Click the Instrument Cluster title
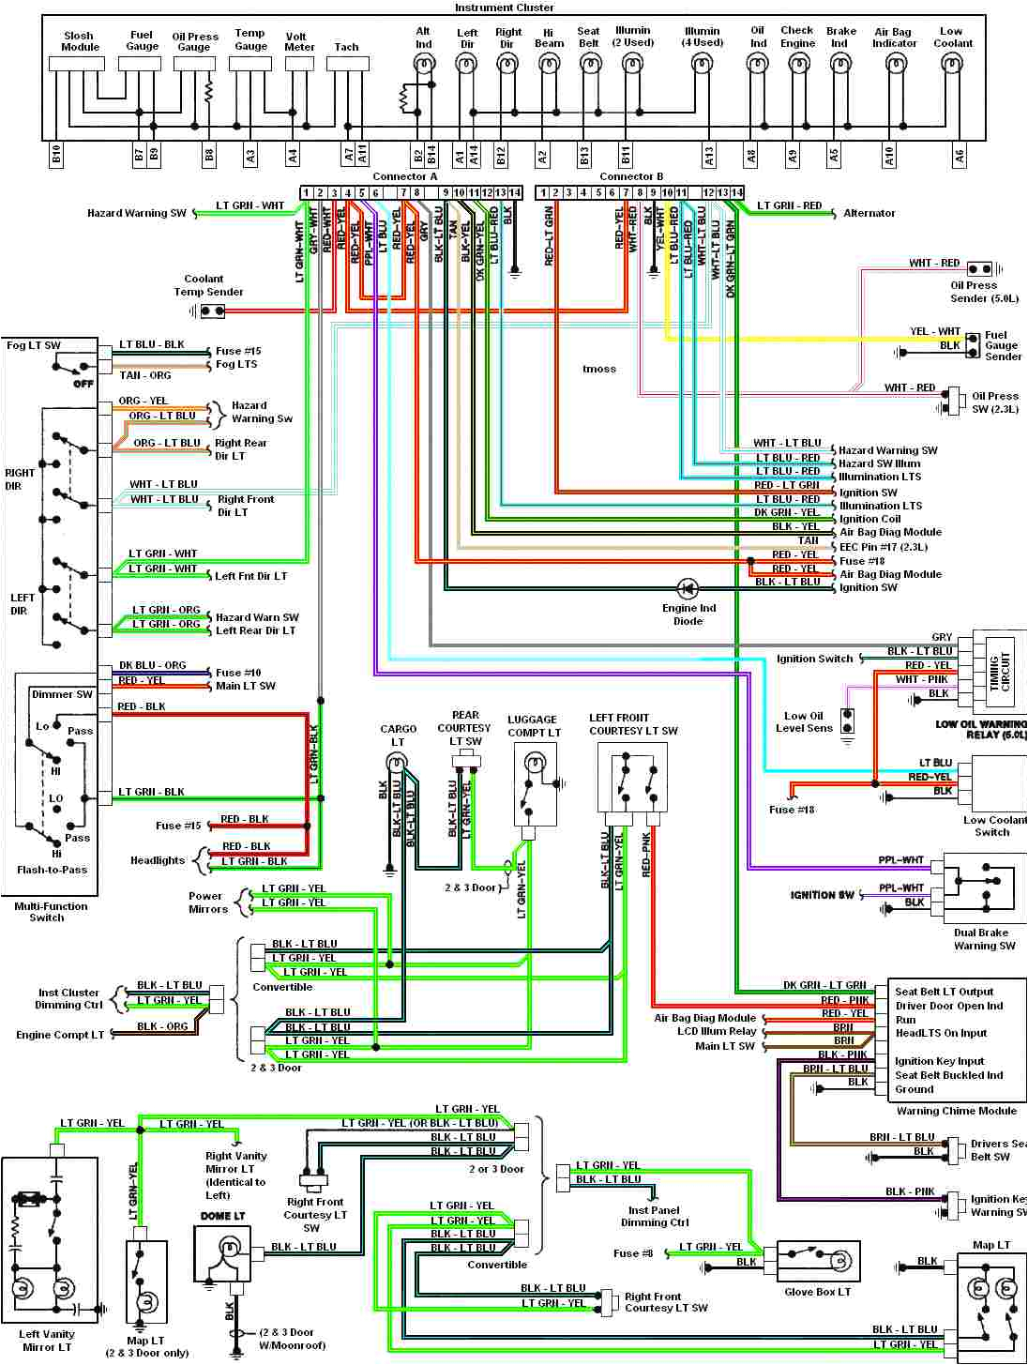pyautogui.click(x=504, y=8)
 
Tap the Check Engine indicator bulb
pyautogui.click(x=797, y=65)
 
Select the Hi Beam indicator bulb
pyautogui.click(x=549, y=65)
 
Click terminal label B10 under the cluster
pyautogui.click(x=56, y=156)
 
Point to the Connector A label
pyautogui.click(x=405, y=176)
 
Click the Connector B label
pyautogui.click(x=631, y=176)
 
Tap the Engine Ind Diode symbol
pyautogui.click(x=688, y=589)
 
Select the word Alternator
pyautogui.click(x=869, y=213)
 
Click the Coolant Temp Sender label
pyautogui.click(x=208, y=285)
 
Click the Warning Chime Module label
pyautogui.click(x=956, y=1111)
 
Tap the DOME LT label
pyautogui.click(x=222, y=1216)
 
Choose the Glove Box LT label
pyautogui.click(x=817, y=1292)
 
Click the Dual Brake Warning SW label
pyautogui.click(x=984, y=939)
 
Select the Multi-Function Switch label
pyautogui.click(x=51, y=912)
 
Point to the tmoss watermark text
pyautogui.click(x=599, y=369)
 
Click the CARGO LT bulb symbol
pyautogui.click(x=398, y=762)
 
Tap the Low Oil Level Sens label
pyautogui.click(x=804, y=721)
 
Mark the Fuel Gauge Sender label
pyautogui.click(x=1002, y=345)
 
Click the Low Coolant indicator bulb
pyautogui.click(x=952, y=65)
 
